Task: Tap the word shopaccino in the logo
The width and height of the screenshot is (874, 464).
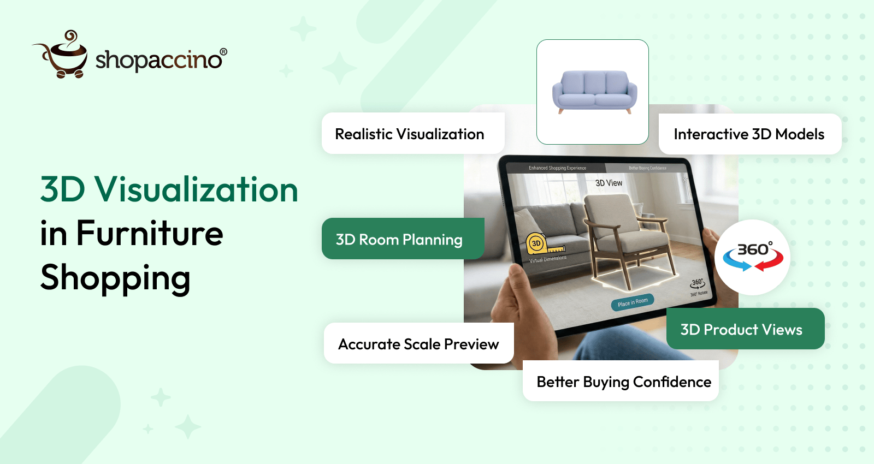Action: coord(158,60)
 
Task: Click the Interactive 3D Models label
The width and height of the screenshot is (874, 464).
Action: coord(749,134)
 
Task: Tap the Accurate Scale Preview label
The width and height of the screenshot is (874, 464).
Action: coord(418,344)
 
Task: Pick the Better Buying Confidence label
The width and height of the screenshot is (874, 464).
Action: coord(623,382)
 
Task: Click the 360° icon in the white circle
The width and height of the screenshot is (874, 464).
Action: coord(753,257)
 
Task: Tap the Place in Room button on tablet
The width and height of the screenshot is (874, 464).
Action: coord(633,302)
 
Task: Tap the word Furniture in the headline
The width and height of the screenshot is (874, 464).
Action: coord(150,234)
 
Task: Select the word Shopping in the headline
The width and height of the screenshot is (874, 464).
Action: coord(115,278)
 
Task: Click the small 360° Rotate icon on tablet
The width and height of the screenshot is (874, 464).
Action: coord(698,285)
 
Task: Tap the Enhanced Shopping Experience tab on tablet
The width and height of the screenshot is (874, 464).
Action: coord(557,168)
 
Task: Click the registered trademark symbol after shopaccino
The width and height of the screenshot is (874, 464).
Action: coord(223,52)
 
